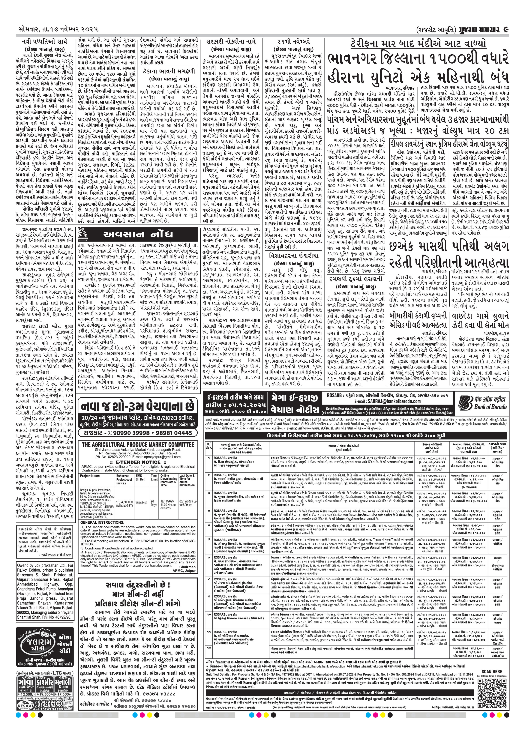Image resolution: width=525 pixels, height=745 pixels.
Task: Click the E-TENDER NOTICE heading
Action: coord(138,462)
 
